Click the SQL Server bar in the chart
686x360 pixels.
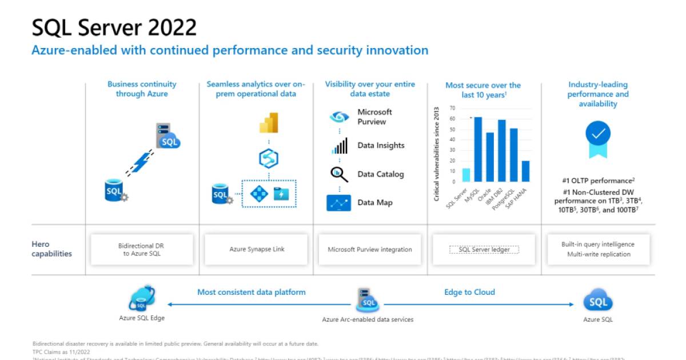point(466,175)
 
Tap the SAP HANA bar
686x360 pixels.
point(525,171)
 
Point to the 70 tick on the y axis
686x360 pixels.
point(452,107)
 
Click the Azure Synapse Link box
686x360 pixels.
point(257,249)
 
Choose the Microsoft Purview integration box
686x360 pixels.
point(370,249)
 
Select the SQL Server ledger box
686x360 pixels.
point(484,249)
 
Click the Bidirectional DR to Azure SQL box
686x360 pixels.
point(142,249)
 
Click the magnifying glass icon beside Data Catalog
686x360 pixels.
point(339,174)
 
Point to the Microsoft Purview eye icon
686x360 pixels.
point(339,117)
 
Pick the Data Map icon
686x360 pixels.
point(339,203)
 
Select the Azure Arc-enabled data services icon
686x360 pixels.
point(367,299)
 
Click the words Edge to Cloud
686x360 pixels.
point(469,292)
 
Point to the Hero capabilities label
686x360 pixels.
point(51,249)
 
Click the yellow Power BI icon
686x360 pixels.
point(269,123)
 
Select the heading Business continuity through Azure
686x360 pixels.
point(142,89)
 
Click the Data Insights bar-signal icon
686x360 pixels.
point(339,146)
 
